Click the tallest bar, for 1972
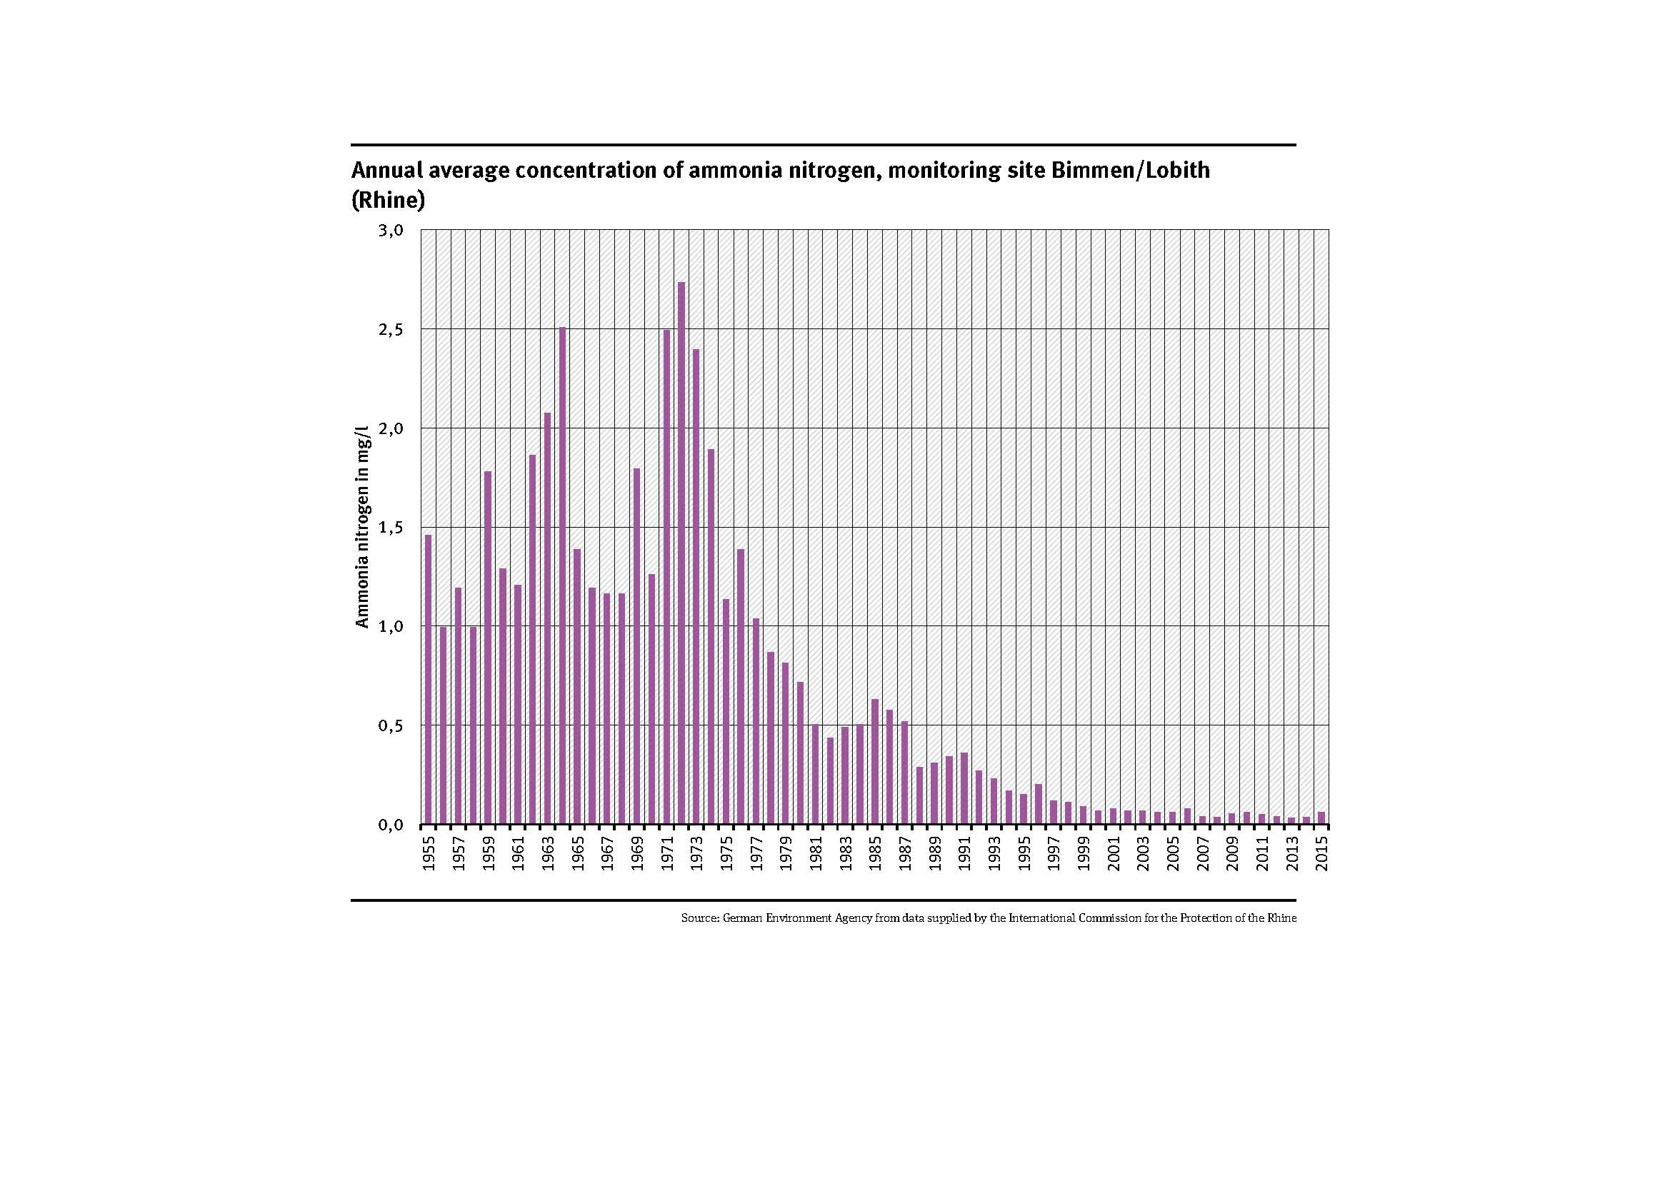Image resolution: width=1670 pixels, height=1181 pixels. [x=681, y=553]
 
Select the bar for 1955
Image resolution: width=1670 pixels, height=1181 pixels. [x=429, y=679]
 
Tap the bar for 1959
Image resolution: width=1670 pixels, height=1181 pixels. [x=488, y=647]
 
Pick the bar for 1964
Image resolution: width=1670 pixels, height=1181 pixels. [x=562, y=576]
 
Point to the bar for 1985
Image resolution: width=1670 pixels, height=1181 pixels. [x=875, y=761]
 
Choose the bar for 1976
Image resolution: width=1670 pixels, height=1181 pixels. [x=741, y=686]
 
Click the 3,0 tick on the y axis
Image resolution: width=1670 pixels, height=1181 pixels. [x=391, y=231]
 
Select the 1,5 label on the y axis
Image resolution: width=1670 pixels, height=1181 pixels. [x=391, y=528]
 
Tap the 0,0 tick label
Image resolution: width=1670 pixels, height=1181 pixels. [x=391, y=825]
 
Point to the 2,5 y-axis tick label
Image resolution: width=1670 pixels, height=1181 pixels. [x=391, y=329]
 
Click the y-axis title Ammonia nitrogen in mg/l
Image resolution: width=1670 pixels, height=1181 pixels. [x=362, y=526]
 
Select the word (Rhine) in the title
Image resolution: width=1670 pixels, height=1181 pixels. [x=388, y=200]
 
